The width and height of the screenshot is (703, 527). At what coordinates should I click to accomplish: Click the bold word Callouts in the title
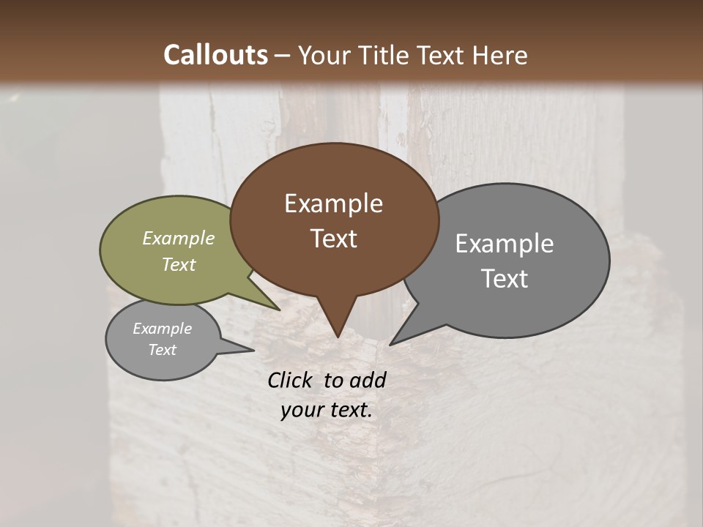215,55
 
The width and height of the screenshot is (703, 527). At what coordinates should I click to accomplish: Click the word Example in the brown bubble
333,203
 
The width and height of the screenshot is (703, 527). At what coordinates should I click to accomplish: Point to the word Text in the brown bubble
333,239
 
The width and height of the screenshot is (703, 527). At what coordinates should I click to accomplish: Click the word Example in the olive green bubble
179,238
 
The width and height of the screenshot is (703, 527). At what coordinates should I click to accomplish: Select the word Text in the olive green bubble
179,264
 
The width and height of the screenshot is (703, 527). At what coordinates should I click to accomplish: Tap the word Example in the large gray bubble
505,244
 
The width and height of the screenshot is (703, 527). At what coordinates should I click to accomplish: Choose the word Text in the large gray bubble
505,279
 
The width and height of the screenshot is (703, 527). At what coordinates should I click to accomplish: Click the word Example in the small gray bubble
162,329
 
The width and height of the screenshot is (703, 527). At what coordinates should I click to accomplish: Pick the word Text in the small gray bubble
162,350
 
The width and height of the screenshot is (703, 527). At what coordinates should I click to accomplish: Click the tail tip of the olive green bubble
278,310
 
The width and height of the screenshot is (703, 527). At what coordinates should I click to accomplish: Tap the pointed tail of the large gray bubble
391,343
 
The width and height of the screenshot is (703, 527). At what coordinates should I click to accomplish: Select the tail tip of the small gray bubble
253,350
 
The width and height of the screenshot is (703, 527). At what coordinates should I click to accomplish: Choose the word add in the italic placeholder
368,380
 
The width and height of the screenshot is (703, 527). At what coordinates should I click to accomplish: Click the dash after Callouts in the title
283,56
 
